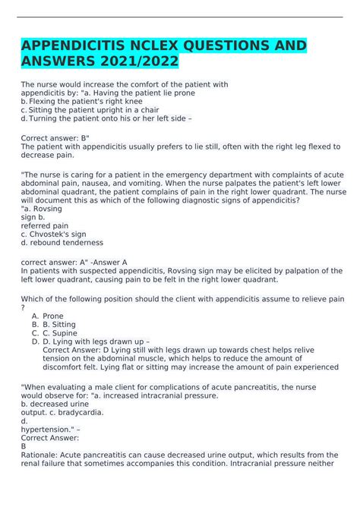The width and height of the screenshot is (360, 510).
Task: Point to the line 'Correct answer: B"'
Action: tap(58, 140)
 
